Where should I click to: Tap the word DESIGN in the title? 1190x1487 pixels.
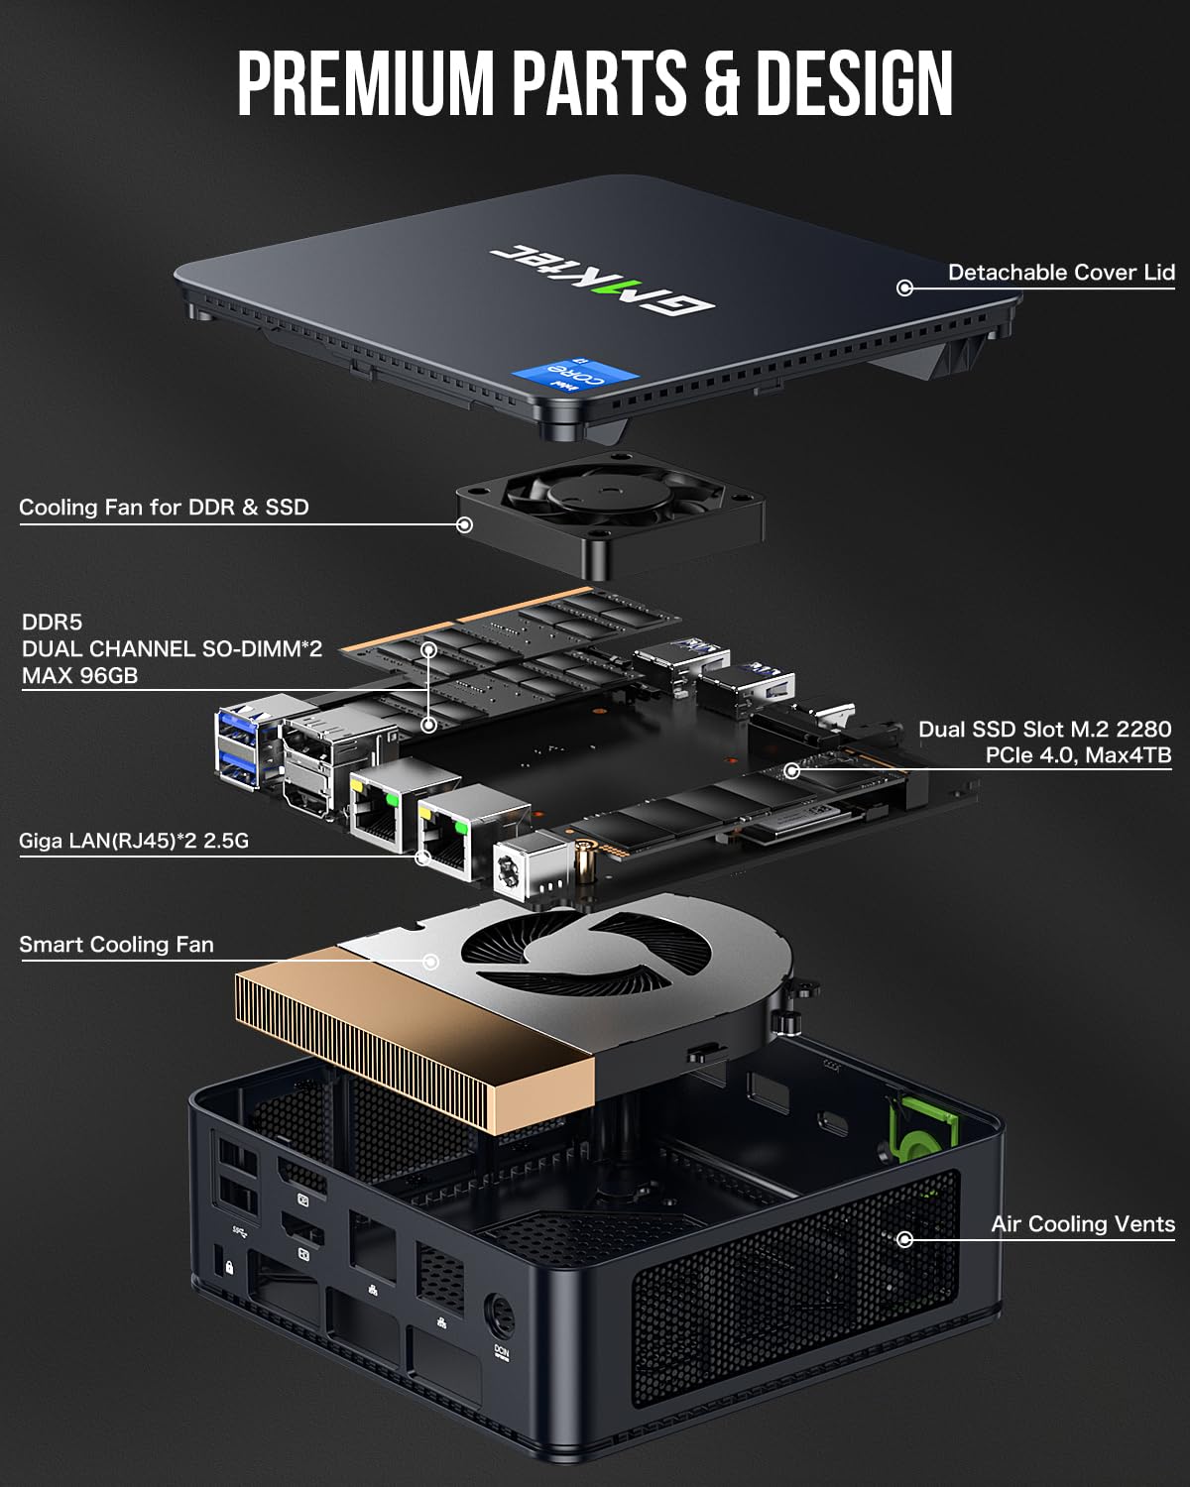pyautogui.click(x=853, y=84)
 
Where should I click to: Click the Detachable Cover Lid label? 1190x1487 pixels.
pyautogui.click(x=1060, y=273)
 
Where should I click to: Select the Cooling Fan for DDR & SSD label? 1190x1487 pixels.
pyautogui.click(x=165, y=508)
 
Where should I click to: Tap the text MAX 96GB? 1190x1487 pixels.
pyautogui.click(x=79, y=676)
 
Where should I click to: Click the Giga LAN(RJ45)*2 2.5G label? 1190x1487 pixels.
pyautogui.click(x=134, y=842)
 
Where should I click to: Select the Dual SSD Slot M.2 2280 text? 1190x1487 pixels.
pyautogui.click(x=1044, y=730)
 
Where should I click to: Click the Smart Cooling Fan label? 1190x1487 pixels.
pyautogui.click(x=116, y=945)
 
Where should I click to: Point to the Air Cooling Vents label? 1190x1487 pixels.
pyautogui.click(x=1082, y=1224)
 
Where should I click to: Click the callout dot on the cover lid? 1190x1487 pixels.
pyautogui.click(x=904, y=287)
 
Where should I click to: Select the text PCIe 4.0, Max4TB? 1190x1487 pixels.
pyautogui.click(x=1078, y=755)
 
